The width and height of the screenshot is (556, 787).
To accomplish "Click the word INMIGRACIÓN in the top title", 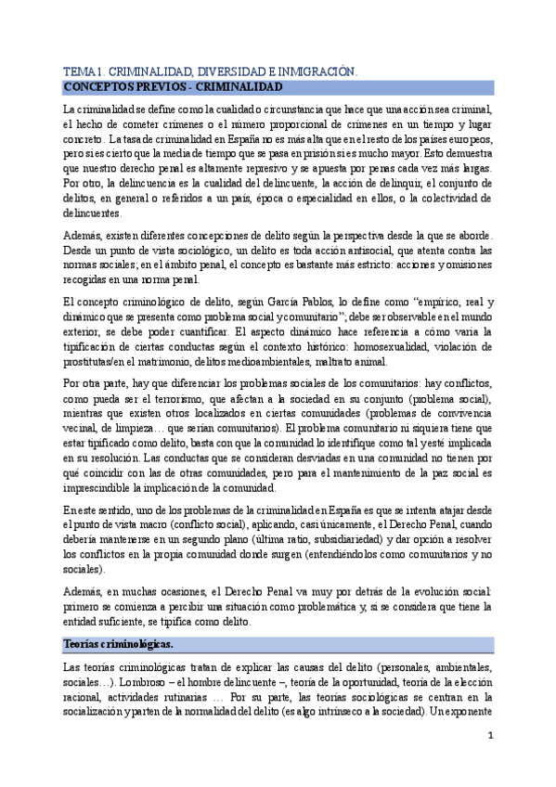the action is (313, 71).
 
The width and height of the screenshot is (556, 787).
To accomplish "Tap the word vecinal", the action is (79, 427).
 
